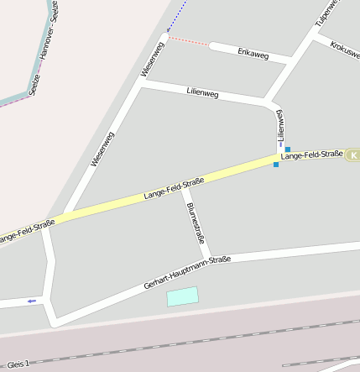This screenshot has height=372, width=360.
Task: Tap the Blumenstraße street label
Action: pyautogui.click(x=196, y=223)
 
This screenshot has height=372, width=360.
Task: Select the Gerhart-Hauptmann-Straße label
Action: pyautogui.click(x=187, y=273)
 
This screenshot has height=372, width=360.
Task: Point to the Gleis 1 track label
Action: pyautogui.click(x=17, y=364)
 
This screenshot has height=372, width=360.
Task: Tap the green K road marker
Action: pyautogui.click(x=353, y=155)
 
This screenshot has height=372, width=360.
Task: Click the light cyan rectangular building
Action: pyautogui.click(x=183, y=296)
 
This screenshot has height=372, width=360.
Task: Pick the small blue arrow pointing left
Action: pyautogui.click(x=32, y=301)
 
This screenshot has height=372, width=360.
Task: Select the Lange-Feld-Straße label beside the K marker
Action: pyautogui.click(x=312, y=155)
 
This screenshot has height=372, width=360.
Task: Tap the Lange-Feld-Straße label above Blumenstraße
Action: pyautogui.click(x=174, y=189)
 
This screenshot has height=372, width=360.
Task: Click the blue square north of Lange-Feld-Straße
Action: pyautogui.click(x=288, y=149)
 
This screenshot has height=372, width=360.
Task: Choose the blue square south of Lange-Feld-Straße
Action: pyautogui.click(x=275, y=165)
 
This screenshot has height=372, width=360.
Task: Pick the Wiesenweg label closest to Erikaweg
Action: pyautogui.click(x=154, y=60)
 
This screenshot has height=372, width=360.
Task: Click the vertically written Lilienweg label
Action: pyautogui.click(x=281, y=126)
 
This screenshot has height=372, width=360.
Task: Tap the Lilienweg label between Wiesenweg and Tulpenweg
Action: pyautogui.click(x=201, y=94)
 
